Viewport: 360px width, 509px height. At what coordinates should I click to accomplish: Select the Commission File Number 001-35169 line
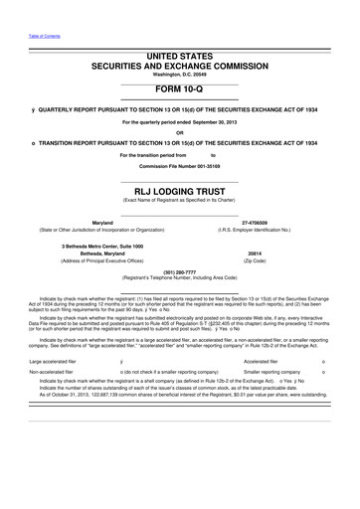tap(179, 164)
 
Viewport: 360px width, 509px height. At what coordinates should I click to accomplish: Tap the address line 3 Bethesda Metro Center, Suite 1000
tap(102, 245)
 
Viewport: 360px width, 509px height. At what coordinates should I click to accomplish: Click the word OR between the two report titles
tap(179, 132)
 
